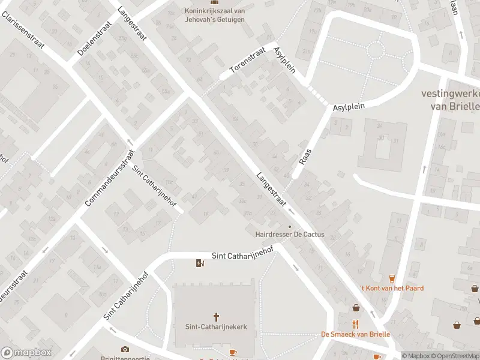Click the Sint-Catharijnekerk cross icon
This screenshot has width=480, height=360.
point(217,316)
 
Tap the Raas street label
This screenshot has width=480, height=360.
point(305,155)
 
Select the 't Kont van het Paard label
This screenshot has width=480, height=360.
point(392,288)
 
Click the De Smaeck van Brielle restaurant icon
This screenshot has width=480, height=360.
point(356,324)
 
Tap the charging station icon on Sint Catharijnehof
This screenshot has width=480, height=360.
point(200,263)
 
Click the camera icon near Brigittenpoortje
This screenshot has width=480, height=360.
point(125,349)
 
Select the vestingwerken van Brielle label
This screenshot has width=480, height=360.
point(450,100)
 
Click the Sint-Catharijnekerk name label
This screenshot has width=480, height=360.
point(217,327)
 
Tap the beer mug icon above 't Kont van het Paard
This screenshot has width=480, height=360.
point(392,278)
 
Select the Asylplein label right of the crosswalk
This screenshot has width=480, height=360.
point(350,107)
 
